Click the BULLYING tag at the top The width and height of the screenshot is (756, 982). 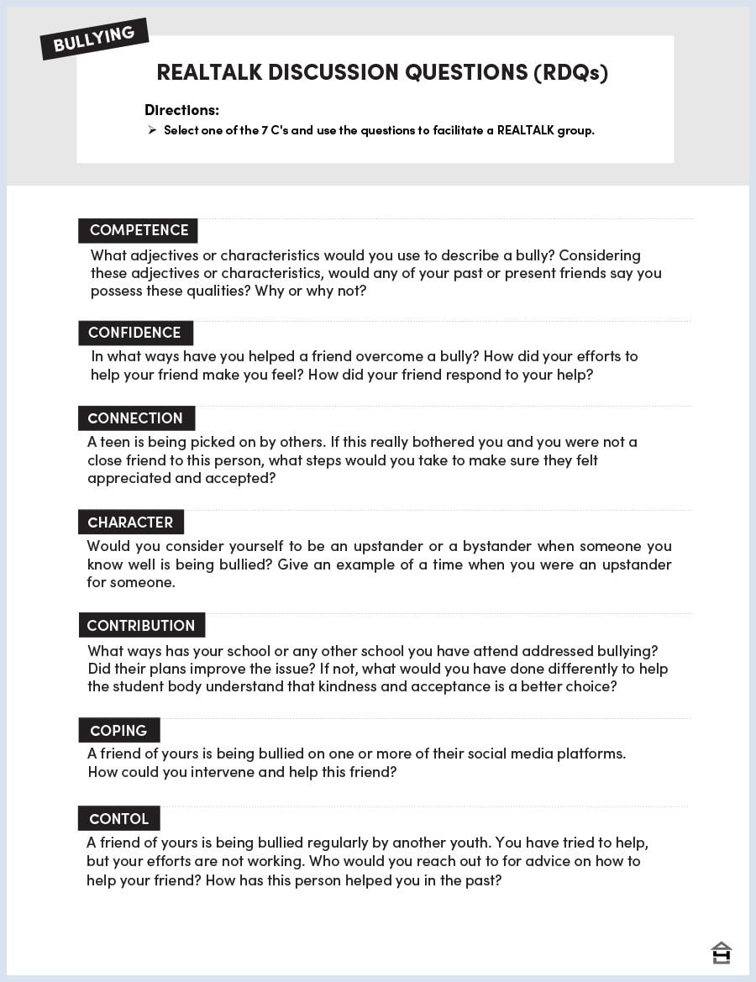coord(94,39)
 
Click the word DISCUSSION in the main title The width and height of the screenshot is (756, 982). coord(333,72)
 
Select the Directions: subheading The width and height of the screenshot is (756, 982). coord(181,110)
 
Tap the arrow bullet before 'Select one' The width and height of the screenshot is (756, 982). coord(152,130)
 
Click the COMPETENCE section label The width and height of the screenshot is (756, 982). coord(139,230)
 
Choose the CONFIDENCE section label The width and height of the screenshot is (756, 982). coord(135,333)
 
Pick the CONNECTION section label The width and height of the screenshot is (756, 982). coord(136,418)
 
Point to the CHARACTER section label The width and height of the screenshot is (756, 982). coord(130,523)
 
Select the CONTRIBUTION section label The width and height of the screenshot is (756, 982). coord(141,626)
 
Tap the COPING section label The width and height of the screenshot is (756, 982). coord(118,731)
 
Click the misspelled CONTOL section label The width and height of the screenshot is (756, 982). coord(118,819)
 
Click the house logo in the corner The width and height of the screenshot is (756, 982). coord(721,952)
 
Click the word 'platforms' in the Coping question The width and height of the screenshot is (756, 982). coord(593,754)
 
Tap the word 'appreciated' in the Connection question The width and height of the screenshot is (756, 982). coord(128,479)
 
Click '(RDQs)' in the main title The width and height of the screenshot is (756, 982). coord(570,72)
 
